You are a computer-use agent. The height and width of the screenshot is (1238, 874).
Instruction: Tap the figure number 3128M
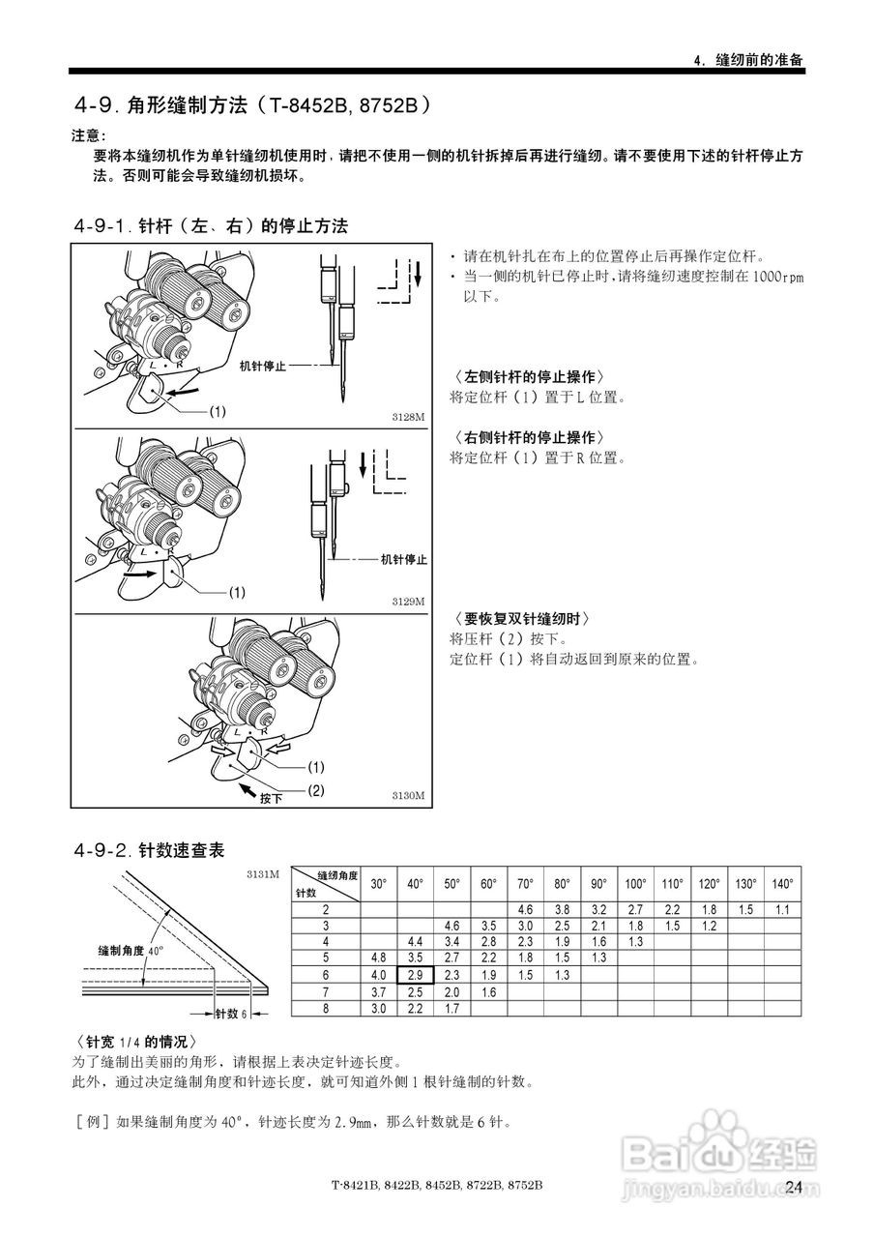(x=408, y=417)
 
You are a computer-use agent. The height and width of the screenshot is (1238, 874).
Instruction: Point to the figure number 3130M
(x=408, y=795)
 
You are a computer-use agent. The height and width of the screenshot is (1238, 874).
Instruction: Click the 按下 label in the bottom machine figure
(x=271, y=799)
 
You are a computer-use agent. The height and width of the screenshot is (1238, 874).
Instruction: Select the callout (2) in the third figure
(x=316, y=789)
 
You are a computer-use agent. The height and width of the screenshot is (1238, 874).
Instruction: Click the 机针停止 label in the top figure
(x=262, y=366)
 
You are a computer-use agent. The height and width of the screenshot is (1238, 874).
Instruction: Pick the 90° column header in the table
(x=598, y=884)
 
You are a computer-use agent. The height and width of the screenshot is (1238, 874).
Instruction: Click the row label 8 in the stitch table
(x=326, y=1009)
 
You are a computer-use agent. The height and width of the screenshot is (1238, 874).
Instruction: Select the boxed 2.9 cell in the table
(x=415, y=975)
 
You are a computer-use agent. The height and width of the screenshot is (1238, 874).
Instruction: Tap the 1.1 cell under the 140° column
(x=782, y=910)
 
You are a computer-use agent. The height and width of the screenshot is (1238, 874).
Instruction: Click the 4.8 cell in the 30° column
(x=378, y=958)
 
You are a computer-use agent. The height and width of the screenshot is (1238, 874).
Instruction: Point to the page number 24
(x=794, y=1187)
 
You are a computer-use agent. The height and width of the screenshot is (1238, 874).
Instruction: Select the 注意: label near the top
(x=90, y=133)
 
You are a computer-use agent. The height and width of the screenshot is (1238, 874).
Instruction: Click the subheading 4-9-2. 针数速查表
(x=149, y=850)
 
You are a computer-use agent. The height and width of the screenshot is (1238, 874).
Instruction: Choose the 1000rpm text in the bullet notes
(x=775, y=276)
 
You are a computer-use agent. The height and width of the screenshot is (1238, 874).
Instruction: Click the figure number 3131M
(x=263, y=873)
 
